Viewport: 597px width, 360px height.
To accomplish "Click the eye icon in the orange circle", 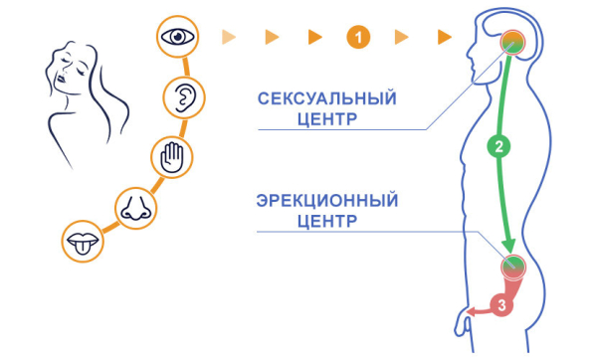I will point(180,38).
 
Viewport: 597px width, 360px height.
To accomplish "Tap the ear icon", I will point(183,96).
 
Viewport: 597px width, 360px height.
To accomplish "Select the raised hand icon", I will point(170,156).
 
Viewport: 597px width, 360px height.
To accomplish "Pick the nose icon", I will point(134,206).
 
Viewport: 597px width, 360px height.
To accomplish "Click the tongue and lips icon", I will point(79,243).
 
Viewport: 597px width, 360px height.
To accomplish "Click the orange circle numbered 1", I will point(359,38).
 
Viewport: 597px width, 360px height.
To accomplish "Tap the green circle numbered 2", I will point(500,147).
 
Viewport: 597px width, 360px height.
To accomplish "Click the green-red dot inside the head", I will point(512,40).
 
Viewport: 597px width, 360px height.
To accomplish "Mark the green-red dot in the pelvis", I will point(512,265).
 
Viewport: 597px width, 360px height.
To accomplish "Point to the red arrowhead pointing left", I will point(473,311).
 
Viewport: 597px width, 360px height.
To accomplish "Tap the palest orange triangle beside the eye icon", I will point(228,38).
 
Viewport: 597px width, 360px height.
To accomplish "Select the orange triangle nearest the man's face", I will point(445,38).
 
